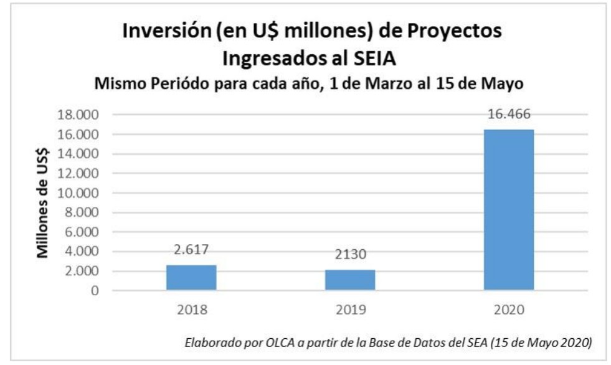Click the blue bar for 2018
191,277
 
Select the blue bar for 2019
349,280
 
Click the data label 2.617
191,249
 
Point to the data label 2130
349,255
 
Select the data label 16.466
508,115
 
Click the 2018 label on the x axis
191,309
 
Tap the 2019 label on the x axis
349,309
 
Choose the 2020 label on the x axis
508,309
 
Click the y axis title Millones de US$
44,202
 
